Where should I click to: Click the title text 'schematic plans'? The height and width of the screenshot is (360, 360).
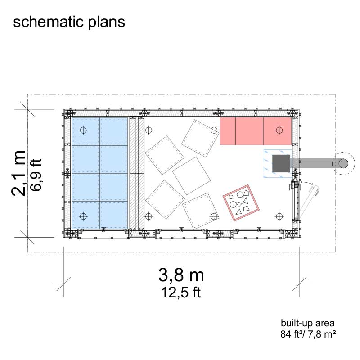point(69,22)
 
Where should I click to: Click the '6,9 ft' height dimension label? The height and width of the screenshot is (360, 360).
point(36,173)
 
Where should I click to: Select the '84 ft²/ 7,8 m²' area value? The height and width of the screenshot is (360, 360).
point(308,334)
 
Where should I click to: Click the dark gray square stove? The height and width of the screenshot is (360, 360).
point(281,163)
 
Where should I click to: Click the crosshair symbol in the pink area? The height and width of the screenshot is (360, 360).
point(279,130)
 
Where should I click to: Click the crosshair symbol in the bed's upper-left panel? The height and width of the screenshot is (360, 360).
point(82,130)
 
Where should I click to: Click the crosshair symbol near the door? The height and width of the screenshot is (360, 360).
point(279,216)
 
